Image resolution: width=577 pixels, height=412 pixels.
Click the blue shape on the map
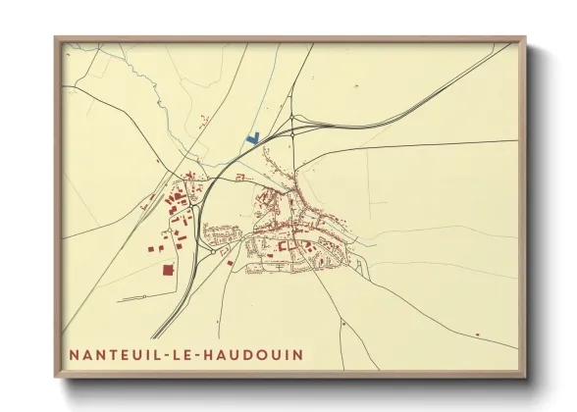pyautogui.click(x=253, y=139)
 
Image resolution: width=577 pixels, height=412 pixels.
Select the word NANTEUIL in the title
pyautogui.click(x=112, y=354)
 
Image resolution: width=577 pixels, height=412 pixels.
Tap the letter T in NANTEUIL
pyautogui.click(x=108, y=354)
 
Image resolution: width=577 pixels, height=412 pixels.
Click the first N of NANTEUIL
pyautogui.click(x=75, y=354)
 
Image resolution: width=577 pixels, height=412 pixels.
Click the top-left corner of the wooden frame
pyautogui.click(x=55, y=38)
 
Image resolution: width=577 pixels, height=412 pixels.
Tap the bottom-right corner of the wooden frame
pyautogui.click(x=525, y=377)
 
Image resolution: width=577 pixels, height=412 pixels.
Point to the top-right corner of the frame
pyautogui.click(x=525, y=38)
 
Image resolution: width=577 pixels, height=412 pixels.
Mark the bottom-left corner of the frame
pyautogui.click(x=55, y=377)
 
